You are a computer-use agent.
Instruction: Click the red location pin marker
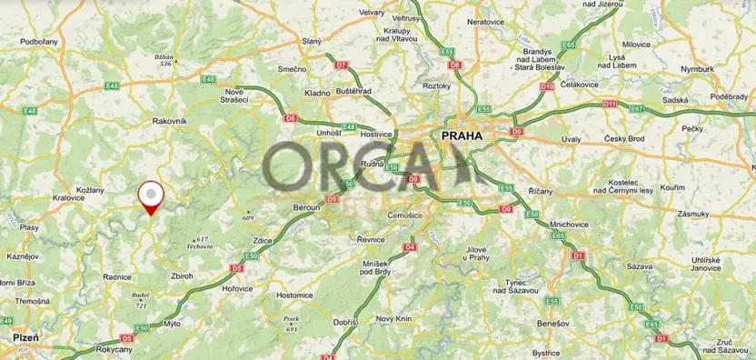click(150, 196)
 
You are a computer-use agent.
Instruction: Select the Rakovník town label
click(169, 120)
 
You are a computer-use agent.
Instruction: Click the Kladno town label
click(317, 93)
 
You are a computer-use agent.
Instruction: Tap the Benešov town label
click(551, 323)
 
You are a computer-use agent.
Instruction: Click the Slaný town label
click(312, 42)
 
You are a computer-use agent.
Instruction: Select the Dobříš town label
click(344, 322)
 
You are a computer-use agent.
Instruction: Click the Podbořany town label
click(38, 42)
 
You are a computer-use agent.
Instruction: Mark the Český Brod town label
click(622, 138)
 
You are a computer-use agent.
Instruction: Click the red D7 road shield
click(341, 65)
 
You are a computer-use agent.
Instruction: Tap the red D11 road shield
click(610, 105)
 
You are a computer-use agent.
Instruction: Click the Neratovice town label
click(484, 21)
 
